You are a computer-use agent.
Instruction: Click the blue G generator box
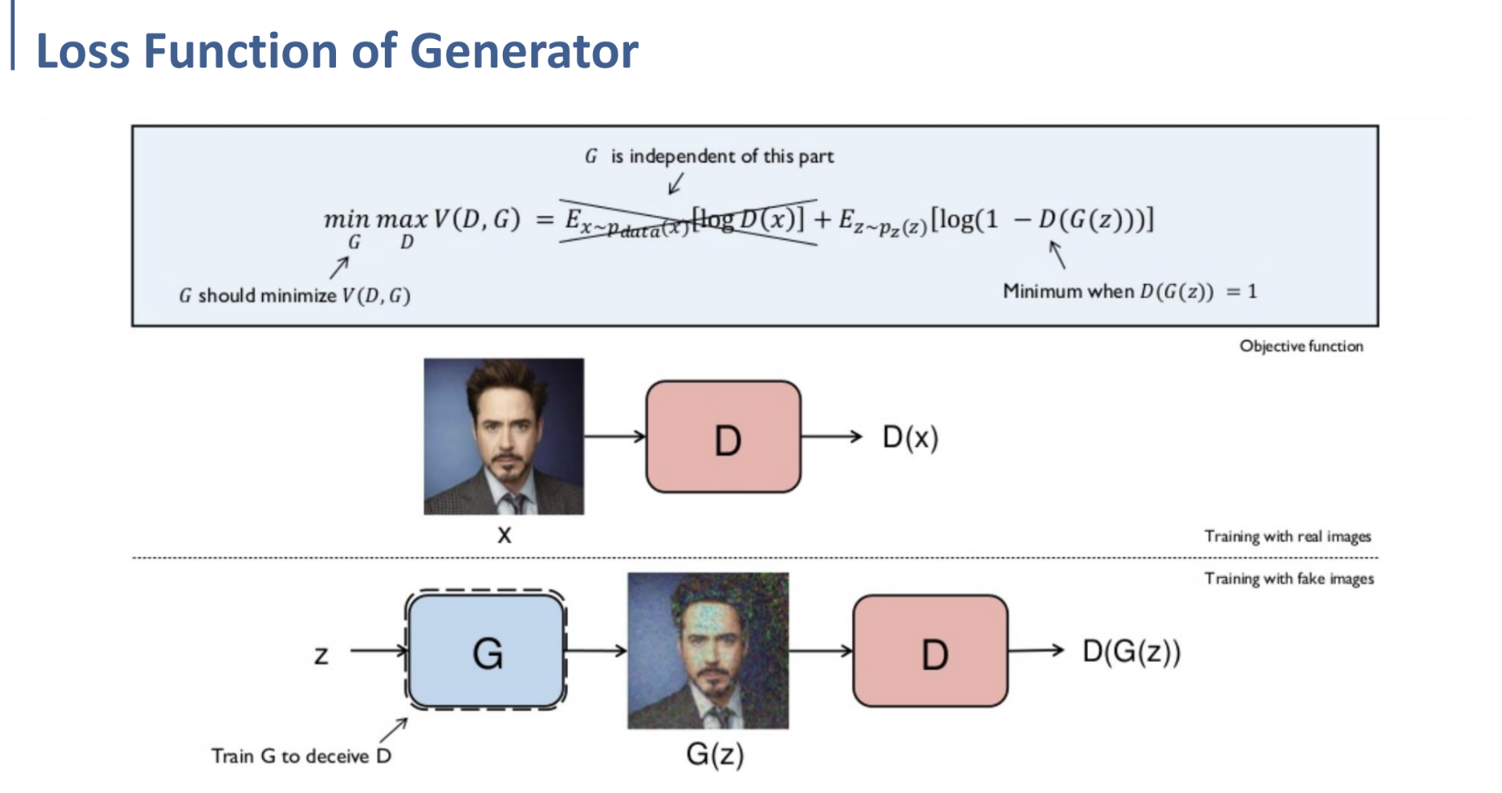point(487,651)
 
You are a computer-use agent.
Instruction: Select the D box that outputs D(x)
point(723,437)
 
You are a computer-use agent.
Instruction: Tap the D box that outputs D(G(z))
point(930,651)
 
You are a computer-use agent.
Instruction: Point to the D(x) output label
point(910,438)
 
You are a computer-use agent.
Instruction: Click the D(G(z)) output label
point(1131,651)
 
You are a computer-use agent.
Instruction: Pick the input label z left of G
point(321,655)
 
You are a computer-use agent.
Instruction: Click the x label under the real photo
point(504,535)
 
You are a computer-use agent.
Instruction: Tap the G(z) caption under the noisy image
point(714,754)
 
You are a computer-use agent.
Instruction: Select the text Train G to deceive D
point(301,756)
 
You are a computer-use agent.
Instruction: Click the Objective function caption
point(1301,346)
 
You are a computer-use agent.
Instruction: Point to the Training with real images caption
point(1287,537)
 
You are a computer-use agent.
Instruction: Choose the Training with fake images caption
point(1289,579)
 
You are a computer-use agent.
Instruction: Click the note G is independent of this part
point(710,156)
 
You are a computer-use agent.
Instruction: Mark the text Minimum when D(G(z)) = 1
point(1129,291)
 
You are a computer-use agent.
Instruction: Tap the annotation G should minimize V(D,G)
point(295,296)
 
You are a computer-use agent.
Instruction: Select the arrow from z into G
point(378,651)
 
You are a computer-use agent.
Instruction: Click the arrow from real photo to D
point(614,437)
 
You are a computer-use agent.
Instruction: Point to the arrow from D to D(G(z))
point(1035,650)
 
